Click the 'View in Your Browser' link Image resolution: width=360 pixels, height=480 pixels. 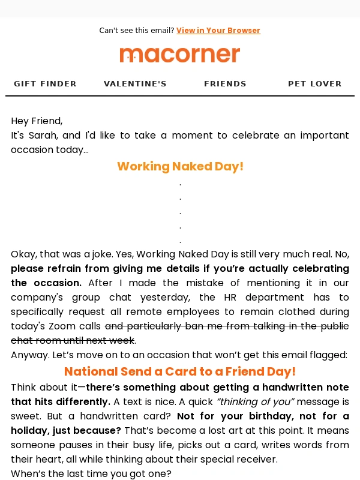[x=218, y=31]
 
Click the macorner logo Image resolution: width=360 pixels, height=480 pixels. [x=180, y=55]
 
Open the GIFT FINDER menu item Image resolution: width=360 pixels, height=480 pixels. [x=45, y=84]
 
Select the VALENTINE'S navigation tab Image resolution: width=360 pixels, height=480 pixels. [x=135, y=84]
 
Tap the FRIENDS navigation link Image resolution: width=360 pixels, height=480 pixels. [x=225, y=84]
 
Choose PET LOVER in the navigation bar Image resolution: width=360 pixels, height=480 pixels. [x=315, y=84]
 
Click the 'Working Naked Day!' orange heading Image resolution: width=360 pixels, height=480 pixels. [x=180, y=166]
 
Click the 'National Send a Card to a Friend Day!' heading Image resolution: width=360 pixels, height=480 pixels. [x=180, y=371]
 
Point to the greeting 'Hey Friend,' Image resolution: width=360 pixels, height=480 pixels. [x=37, y=121]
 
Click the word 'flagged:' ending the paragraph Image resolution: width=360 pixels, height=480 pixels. [x=329, y=355]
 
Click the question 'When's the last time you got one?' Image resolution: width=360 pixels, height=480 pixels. [x=91, y=474]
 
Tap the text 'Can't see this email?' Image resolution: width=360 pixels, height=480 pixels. [x=136, y=31]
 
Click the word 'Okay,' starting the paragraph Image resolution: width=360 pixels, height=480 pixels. [x=24, y=254]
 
